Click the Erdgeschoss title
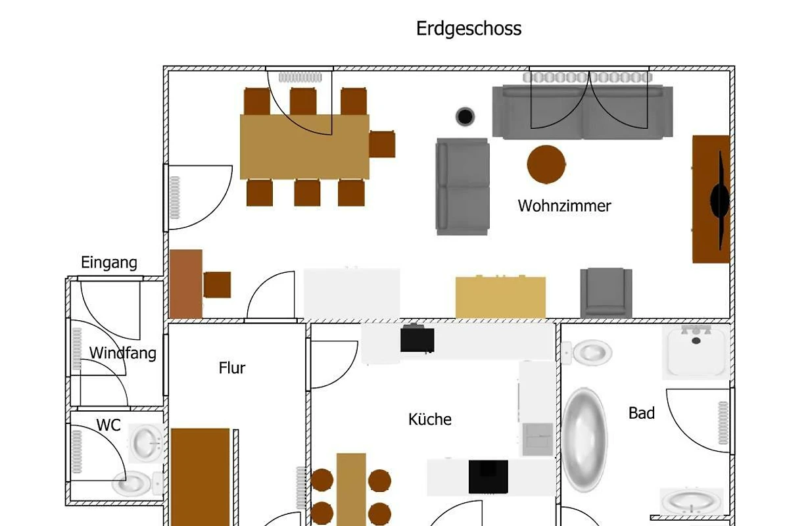pyautogui.click(x=469, y=29)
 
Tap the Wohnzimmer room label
pyautogui.click(x=564, y=206)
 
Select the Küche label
pyautogui.click(x=430, y=419)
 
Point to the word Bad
pyautogui.click(x=642, y=414)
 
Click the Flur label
pyautogui.click(x=232, y=368)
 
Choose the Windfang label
pyautogui.click(x=123, y=353)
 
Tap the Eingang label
pyautogui.click(x=109, y=263)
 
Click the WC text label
pyautogui.click(x=108, y=425)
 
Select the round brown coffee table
pyautogui.click(x=546, y=164)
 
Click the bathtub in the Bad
pyautogui.click(x=584, y=440)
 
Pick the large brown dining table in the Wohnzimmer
pyautogui.click(x=304, y=147)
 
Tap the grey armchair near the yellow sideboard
pyautogui.click(x=606, y=293)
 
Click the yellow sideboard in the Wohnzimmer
pyautogui.click(x=501, y=297)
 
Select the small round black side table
pyautogui.click(x=466, y=117)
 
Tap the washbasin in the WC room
pyautogui.click(x=147, y=442)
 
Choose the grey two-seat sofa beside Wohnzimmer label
pyautogui.click(x=462, y=187)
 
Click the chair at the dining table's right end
pyautogui.click(x=382, y=144)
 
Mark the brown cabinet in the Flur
pyautogui.click(x=201, y=477)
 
